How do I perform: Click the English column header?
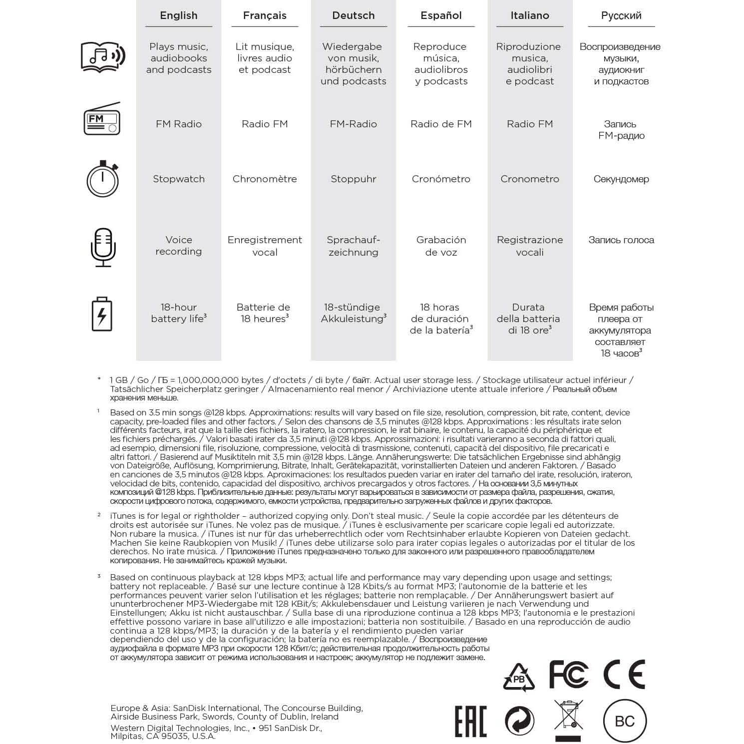click(x=179, y=15)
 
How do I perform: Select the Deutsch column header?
click(x=354, y=15)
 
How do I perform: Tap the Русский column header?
click(x=621, y=15)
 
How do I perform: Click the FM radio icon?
click(x=102, y=119)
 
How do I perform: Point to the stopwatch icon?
click(x=102, y=179)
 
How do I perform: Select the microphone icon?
click(x=103, y=247)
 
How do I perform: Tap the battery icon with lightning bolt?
click(x=102, y=314)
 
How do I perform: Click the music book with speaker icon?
click(x=103, y=56)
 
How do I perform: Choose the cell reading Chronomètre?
click(x=265, y=179)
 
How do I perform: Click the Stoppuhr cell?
click(x=354, y=179)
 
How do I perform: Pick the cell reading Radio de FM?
click(x=441, y=124)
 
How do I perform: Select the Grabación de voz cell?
click(x=441, y=246)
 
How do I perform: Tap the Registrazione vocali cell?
click(x=530, y=246)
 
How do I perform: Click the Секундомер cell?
click(x=621, y=179)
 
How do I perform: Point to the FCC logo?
click(x=569, y=674)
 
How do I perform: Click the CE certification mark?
click(x=624, y=674)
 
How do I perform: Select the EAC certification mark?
click(x=470, y=721)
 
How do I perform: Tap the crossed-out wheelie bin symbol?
click(x=569, y=719)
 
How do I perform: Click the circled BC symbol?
click(x=625, y=721)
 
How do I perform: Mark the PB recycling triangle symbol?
click(x=519, y=678)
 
